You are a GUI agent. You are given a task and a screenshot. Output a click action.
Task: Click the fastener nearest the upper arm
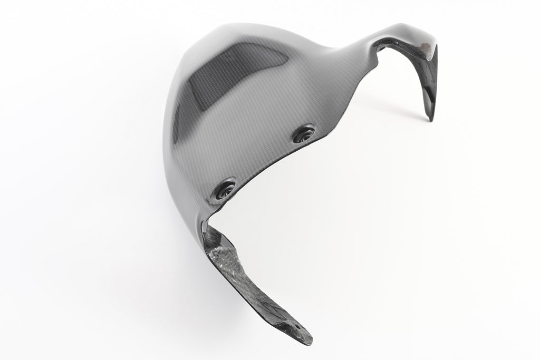coord(304,134)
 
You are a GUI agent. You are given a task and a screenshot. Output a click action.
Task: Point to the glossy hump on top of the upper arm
coord(406,32)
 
